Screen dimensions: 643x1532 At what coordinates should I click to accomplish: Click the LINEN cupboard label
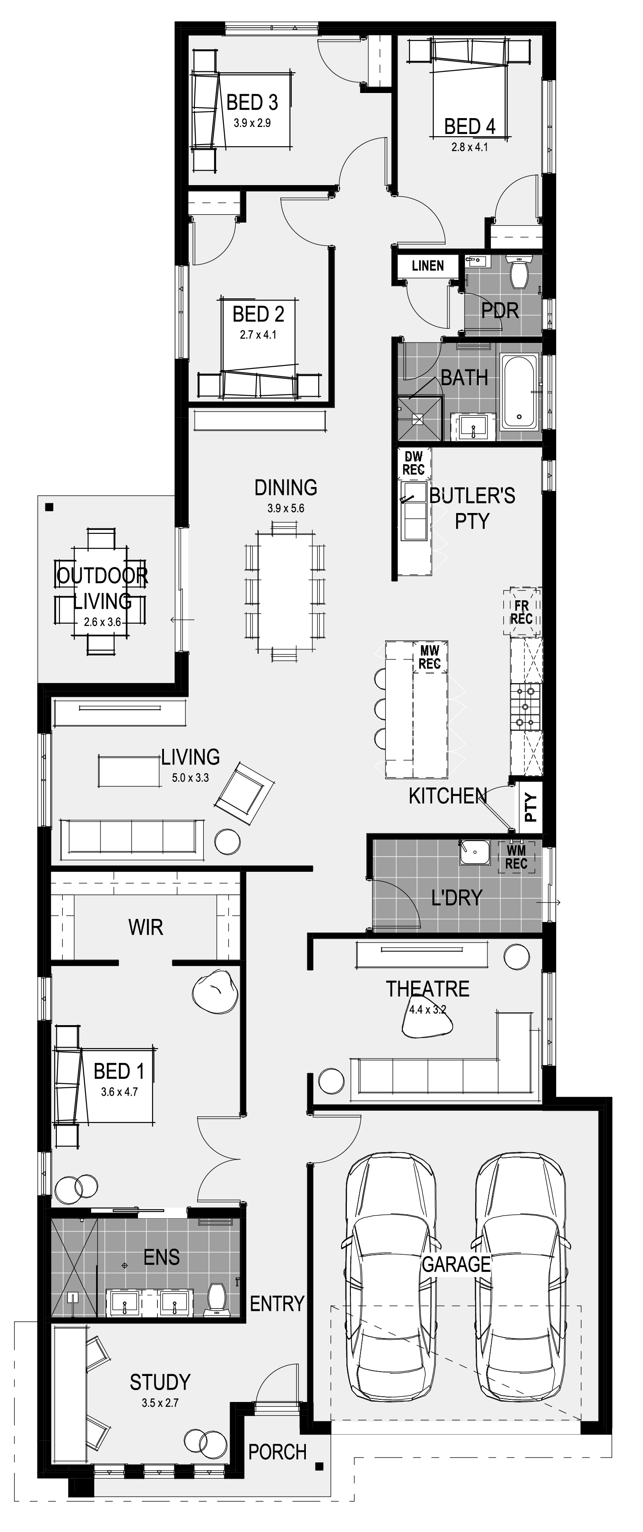click(x=427, y=265)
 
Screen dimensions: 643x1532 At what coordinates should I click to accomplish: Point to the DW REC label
click(x=413, y=463)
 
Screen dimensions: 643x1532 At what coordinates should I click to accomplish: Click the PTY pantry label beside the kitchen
click(x=531, y=807)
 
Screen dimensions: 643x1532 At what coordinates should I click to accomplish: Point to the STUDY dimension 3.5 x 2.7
click(x=160, y=1402)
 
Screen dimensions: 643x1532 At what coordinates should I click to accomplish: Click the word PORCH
click(x=277, y=1452)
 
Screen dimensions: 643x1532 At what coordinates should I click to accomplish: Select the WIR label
click(x=146, y=926)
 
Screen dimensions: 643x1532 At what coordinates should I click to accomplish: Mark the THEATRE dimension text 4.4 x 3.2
click(x=427, y=1009)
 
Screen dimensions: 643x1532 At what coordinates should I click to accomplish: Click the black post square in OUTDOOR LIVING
click(x=49, y=507)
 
